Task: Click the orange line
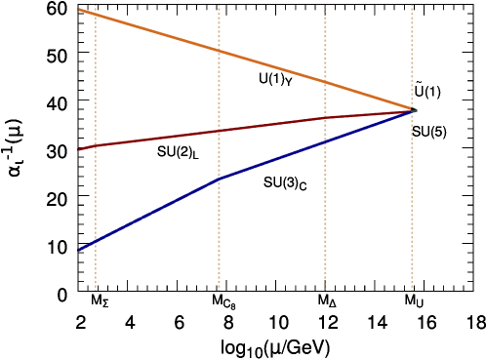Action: pyautogui.click(x=156, y=31)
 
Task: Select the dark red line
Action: pyautogui.click(x=156, y=140)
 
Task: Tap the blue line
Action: pyautogui.click(x=156, y=211)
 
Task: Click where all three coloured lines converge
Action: pyautogui.click(x=412, y=110)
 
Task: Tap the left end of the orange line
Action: pyautogui.click(x=79, y=10)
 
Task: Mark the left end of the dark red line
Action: pyautogui.click(x=79, y=148)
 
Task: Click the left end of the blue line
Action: pyautogui.click(x=79, y=250)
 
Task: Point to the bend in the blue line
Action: pyautogui.click(x=219, y=179)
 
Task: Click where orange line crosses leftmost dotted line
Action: pyautogui.click(x=96, y=15)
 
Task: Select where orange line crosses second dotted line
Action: pyautogui.click(x=219, y=51)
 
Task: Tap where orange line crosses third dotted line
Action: pyautogui.click(x=325, y=83)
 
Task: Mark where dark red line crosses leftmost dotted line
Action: pyautogui.click(x=96, y=146)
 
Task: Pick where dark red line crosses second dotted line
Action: pyautogui.click(x=219, y=131)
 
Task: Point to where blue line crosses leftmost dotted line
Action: pyautogui.click(x=96, y=241)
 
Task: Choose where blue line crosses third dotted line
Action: pyautogui.click(x=325, y=141)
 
